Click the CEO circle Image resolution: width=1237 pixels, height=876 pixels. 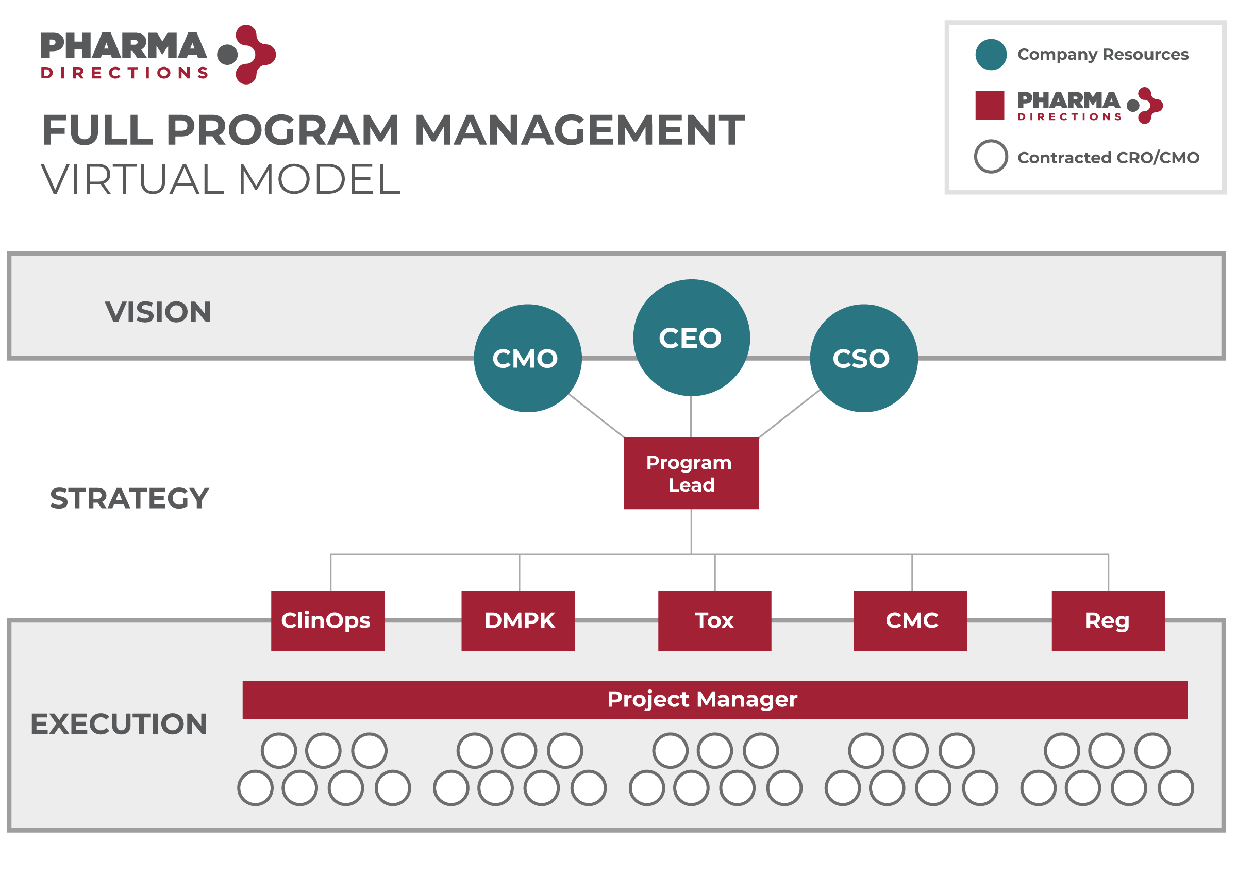(691, 338)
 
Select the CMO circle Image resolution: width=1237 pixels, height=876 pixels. (528, 358)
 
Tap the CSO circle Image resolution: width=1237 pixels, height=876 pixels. (864, 358)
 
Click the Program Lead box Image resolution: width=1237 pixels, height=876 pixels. (691, 473)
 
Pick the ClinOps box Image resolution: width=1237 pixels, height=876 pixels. (327, 621)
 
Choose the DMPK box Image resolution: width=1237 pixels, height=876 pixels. (518, 621)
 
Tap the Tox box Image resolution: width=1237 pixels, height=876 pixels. (715, 621)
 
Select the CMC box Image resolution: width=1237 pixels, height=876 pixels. (911, 621)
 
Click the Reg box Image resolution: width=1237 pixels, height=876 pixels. (1108, 621)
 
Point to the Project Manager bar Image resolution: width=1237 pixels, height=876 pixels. (715, 700)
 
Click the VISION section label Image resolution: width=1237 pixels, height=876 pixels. (158, 312)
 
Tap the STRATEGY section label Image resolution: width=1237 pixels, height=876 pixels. (129, 498)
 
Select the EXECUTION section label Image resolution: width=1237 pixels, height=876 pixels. (119, 724)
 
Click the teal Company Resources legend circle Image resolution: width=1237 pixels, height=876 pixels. (991, 55)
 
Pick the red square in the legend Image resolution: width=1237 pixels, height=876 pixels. (990, 105)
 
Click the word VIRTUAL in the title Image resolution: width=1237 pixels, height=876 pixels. (132, 180)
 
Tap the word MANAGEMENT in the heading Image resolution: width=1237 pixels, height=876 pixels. (579, 130)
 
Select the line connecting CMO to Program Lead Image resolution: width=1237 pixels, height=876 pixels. (597, 416)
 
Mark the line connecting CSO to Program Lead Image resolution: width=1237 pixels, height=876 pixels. (789, 414)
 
